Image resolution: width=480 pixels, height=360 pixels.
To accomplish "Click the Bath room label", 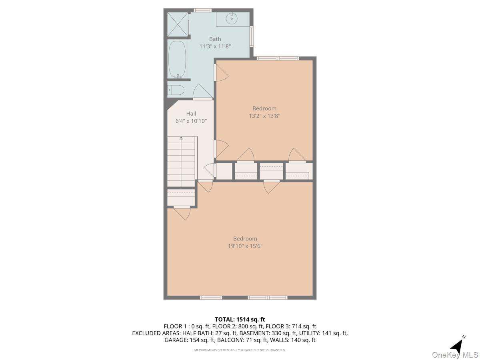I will pyautogui.click(x=215, y=39).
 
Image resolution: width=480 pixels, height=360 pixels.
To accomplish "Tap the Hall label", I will pyautogui.click(x=191, y=114).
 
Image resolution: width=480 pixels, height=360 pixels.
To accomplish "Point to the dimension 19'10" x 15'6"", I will pyautogui.click(x=245, y=246).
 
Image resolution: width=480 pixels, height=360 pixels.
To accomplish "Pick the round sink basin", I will pyautogui.click(x=232, y=18).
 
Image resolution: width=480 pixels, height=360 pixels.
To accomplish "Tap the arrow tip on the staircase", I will pyautogui.click(x=181, y=138).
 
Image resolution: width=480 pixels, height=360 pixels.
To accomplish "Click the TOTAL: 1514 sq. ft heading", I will pyautogui.click(x=240, y=319).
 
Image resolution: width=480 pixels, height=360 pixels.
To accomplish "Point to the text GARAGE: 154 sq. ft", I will pyautogui.click(x=190, y=340).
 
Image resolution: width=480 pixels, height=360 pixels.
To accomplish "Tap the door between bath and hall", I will pyautogui.click(x=202, y=93).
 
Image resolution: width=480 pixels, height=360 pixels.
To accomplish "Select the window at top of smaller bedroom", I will pyautogui.click(x=278, y=58).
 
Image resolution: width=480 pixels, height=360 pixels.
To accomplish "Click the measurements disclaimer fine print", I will pyautogui.click(x=240, y=350).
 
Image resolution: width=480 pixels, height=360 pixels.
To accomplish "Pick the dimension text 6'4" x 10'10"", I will pyautogui.click(x=191, y=121).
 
